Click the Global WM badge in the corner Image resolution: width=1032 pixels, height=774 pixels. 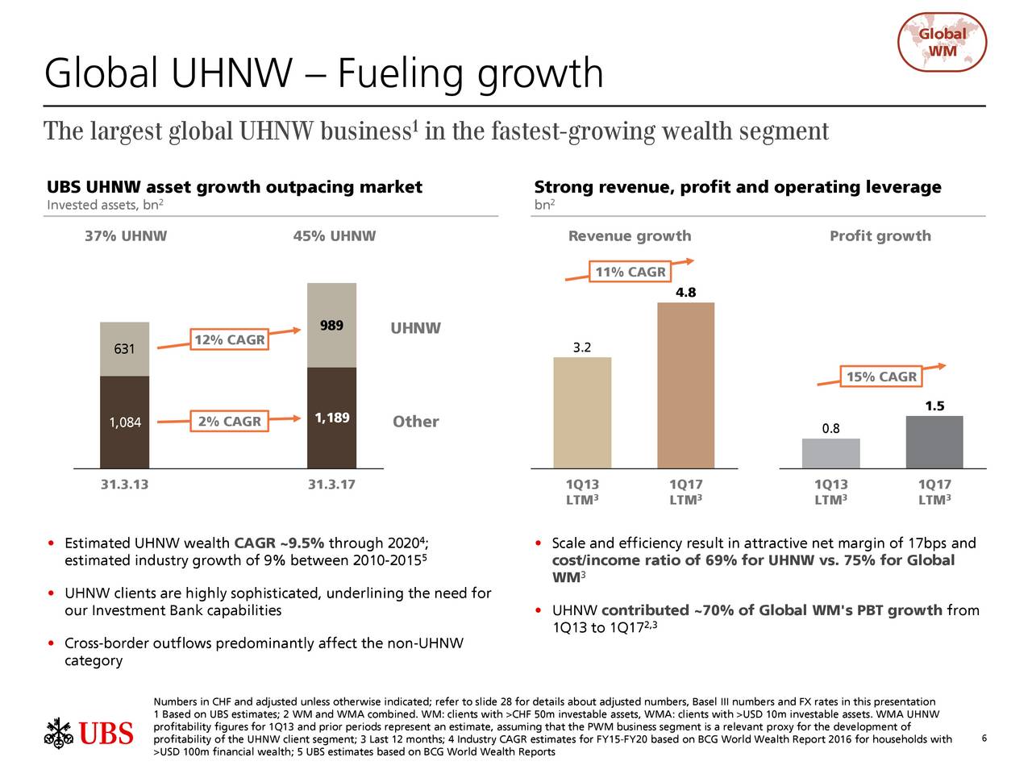coord(942,42)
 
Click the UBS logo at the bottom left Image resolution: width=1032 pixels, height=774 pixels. coord(89,733)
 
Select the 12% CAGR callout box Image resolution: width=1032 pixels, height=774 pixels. coord(229,339)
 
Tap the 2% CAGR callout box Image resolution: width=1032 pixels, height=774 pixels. coord(229,421)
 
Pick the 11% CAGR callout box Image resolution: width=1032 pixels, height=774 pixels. coord(630,272)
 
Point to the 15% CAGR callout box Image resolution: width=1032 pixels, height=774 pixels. coord(881,377)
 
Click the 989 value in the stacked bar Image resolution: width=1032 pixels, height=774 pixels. coord(331,326)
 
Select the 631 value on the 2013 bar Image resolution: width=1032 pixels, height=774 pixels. coord(124,349)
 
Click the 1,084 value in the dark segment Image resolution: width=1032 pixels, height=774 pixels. coord(125,422)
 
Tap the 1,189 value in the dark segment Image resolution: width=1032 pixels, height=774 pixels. coord(331,418)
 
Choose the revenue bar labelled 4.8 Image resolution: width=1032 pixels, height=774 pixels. coord(685,385)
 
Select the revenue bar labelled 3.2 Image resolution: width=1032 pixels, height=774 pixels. coord(582,412)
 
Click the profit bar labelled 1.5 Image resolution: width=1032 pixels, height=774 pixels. coord(934,442)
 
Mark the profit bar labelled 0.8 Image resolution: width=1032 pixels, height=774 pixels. coord(830,453)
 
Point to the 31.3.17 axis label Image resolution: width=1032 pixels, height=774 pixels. coord(331,485)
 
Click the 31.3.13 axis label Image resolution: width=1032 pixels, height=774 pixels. coord(124,485)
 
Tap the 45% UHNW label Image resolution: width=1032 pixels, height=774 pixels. coord(335,236)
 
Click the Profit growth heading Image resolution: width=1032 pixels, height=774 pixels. coord(880,236)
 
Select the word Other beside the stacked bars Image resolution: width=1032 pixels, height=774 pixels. coord(415,422)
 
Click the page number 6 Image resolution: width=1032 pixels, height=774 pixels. coord(984,739)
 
